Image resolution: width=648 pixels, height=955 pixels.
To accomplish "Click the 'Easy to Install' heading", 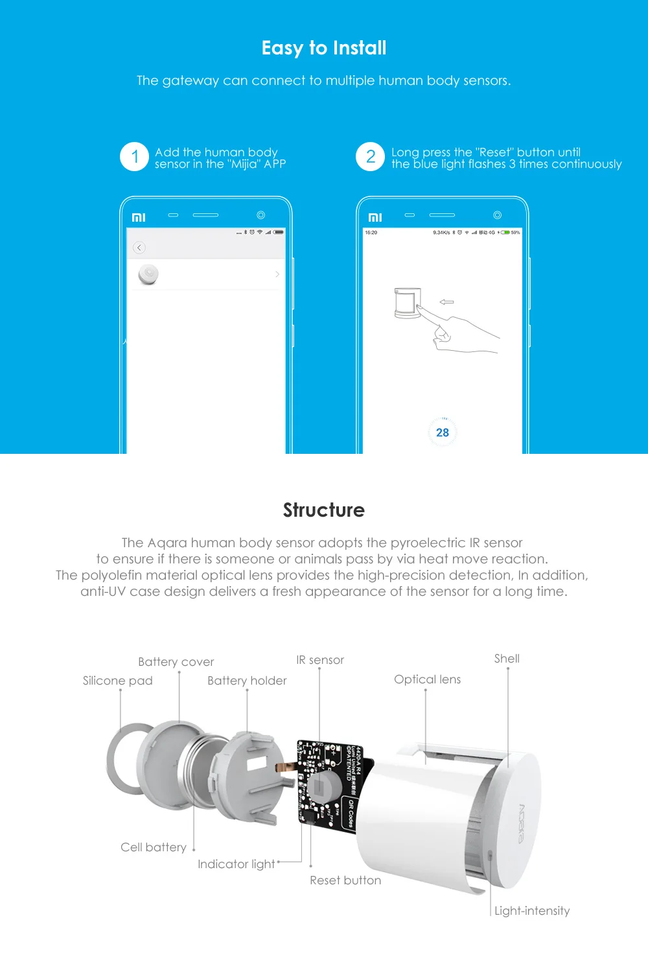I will point(324,48).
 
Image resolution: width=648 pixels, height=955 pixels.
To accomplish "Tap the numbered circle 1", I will point(135,157).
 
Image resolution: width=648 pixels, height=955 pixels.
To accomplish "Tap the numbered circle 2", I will point(371,157).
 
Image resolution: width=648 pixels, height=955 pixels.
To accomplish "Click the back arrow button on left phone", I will point(139,248).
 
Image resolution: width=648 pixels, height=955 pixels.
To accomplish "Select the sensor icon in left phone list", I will point(148,274).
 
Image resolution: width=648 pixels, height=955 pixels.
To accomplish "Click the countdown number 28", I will point(443,432).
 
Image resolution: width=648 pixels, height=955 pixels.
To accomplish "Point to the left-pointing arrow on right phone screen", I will point(446,302).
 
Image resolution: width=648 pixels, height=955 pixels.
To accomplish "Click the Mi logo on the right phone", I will point(375,217).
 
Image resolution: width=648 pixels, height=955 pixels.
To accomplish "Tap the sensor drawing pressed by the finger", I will point(408,303).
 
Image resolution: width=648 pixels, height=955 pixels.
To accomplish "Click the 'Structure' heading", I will point(324,510).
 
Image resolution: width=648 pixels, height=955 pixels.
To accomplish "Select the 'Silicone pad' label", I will point(117,681).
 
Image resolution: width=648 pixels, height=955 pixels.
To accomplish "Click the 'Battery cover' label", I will point(176,662).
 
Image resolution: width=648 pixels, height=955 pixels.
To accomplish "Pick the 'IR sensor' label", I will point(320,660).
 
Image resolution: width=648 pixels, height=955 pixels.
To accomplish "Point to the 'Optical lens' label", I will point(427,679).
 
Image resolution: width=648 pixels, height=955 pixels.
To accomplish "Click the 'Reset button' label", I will point(345,880).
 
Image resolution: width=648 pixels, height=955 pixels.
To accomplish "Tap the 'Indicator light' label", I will point(236,864).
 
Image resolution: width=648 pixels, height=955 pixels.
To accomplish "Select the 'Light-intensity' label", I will point(532,911).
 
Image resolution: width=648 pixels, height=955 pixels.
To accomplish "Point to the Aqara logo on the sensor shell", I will point(522,823).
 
